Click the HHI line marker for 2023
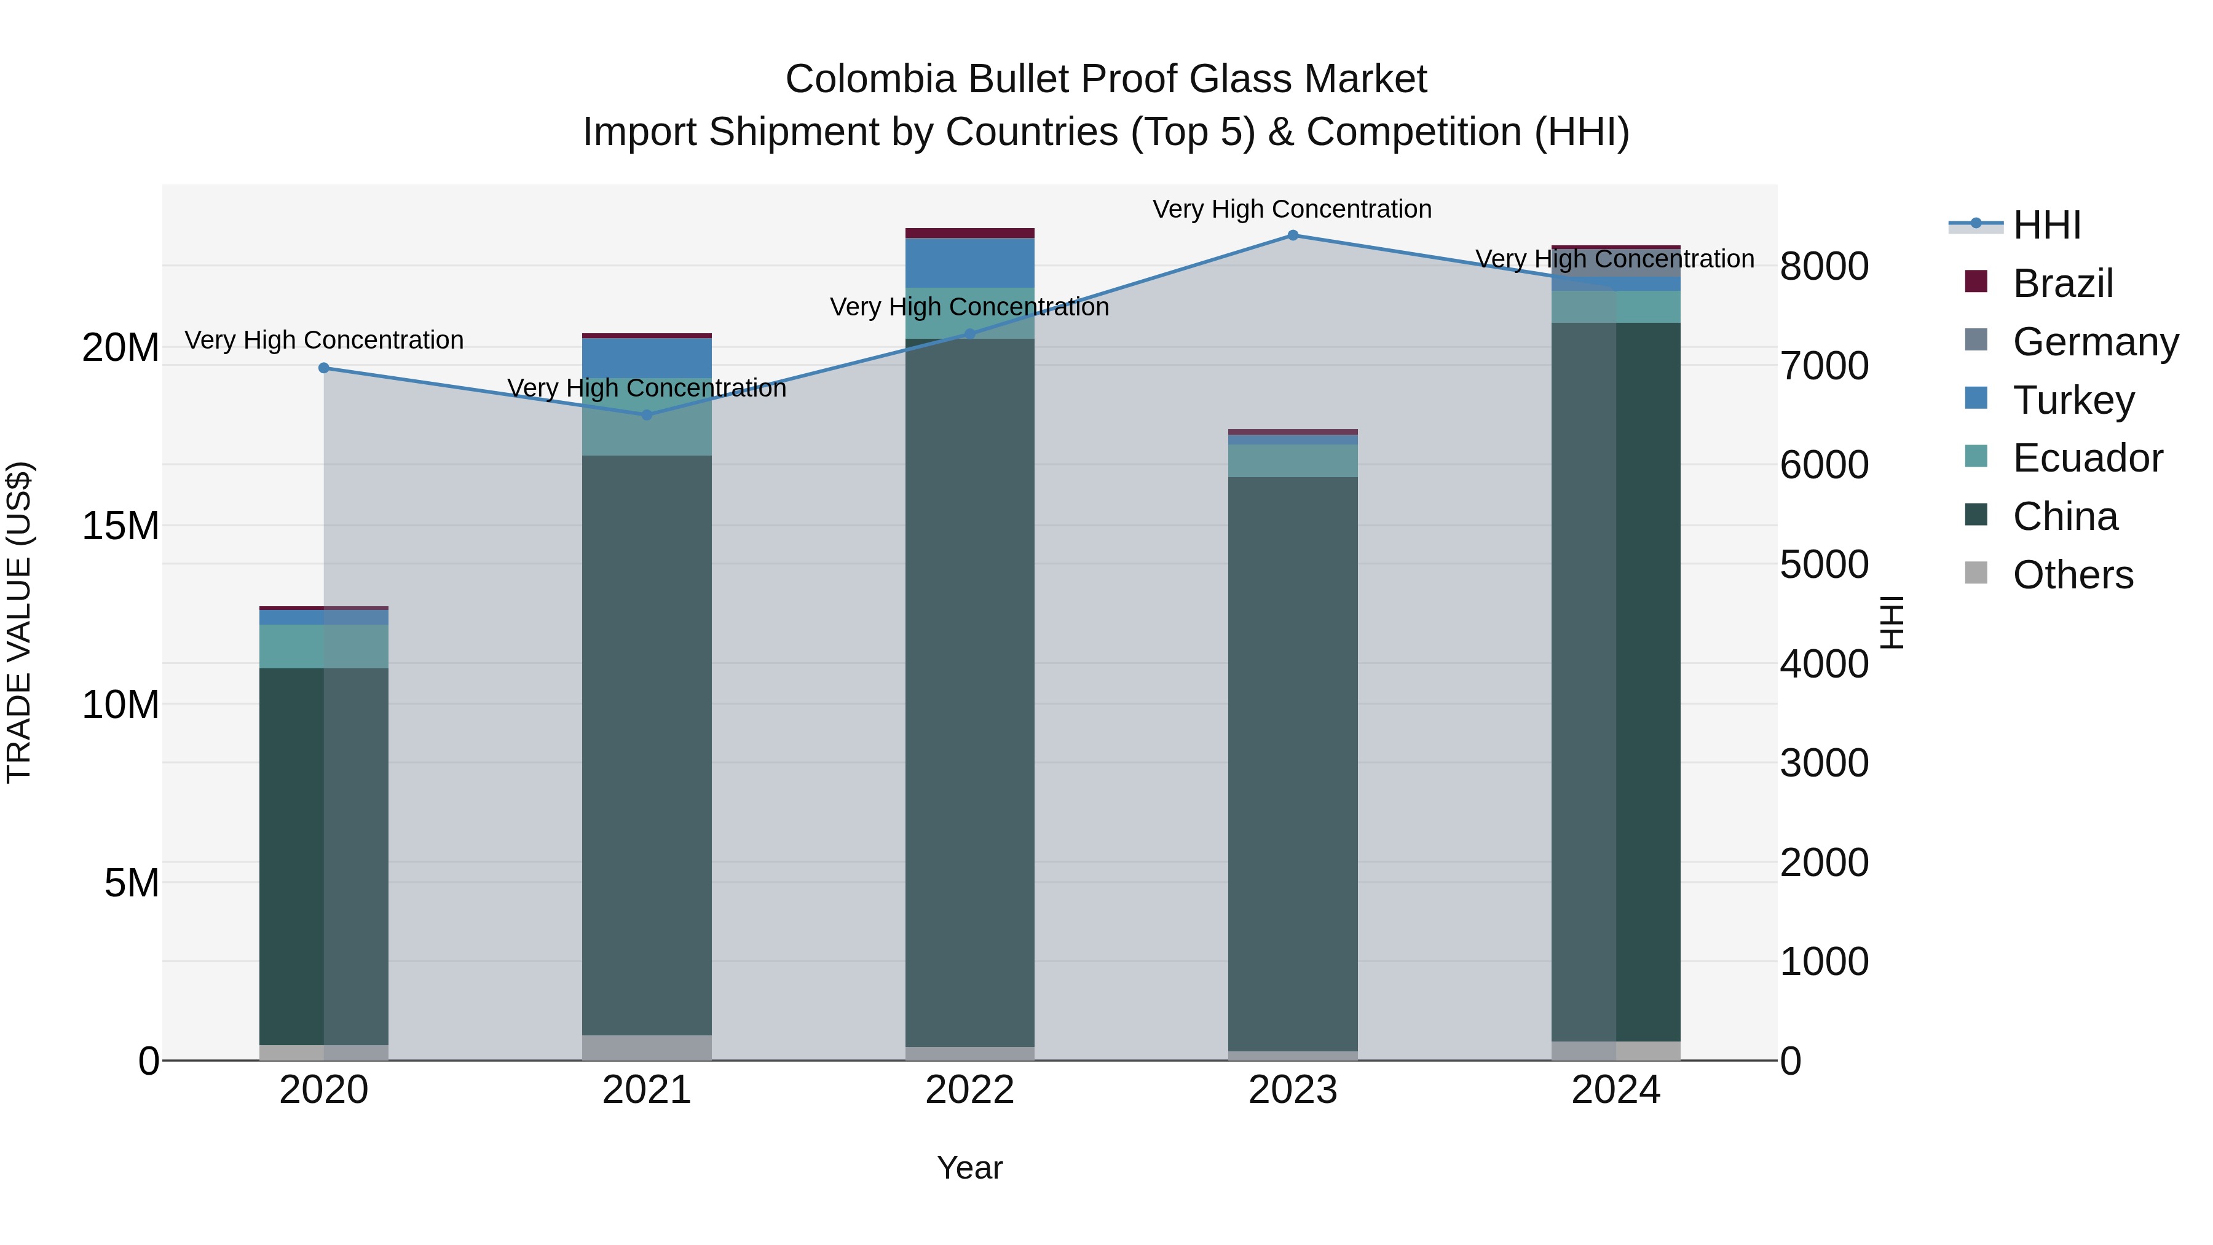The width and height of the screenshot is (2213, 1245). point(1292,235)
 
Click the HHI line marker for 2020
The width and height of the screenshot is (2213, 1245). point(324,368)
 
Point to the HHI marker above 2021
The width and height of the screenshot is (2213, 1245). point(647,415)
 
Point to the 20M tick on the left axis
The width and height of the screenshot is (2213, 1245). point(120,348)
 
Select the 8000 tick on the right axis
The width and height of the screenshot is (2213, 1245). point(1823,266)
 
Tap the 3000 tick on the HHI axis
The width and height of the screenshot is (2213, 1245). point(1823,763)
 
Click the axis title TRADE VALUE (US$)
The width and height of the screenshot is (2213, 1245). point(19,622)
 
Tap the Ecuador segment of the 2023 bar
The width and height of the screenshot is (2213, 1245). point(1292,460)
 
